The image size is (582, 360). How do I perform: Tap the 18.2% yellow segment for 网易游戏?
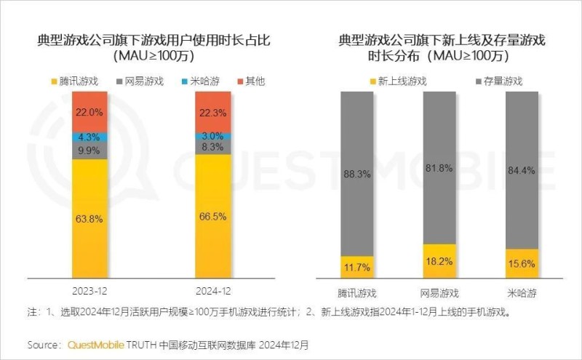[439, 260]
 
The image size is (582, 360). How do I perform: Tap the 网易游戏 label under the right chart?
[439, 293]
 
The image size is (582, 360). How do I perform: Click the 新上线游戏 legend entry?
[399, 81]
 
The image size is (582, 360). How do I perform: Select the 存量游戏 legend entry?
[498, 81]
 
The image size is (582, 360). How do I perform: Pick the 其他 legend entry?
[250, 81]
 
